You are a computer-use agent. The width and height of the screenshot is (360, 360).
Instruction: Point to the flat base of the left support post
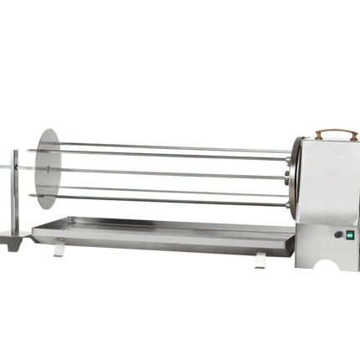[x=14, y=244]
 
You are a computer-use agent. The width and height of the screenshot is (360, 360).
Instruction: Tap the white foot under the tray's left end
[x=57, y=249]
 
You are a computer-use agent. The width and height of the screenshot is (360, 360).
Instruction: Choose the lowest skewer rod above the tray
[x=167, y=200]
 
